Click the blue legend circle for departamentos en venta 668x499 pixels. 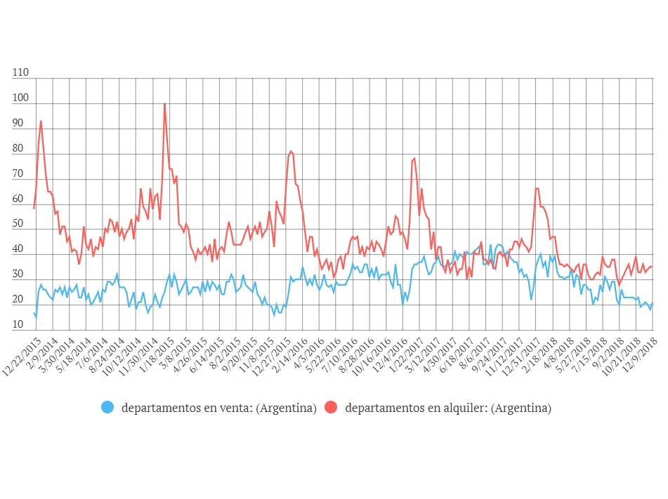coord(107,407)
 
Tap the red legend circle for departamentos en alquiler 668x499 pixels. coord(332,407)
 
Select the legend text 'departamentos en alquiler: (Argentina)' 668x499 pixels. coord(448,408)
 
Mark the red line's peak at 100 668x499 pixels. coord(164,104)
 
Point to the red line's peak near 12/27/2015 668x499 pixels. coord(290,151)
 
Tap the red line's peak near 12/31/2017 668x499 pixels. coord(537,188)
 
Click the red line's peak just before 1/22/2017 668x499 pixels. coord(414,158)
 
